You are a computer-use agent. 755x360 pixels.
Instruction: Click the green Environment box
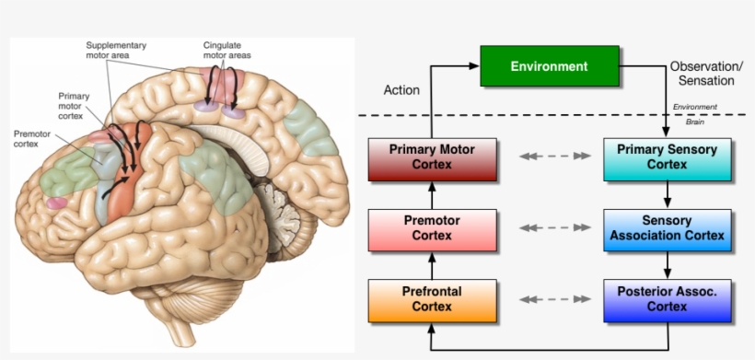[549, 67]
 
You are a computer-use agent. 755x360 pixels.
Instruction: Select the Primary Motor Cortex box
[431, 158]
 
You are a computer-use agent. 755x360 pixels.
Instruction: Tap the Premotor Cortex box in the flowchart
[431, 229]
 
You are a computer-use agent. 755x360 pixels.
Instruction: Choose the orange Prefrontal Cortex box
[431, 300]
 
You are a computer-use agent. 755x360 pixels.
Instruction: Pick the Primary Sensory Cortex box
[667, 158]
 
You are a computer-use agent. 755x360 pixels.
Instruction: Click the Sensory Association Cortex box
[667, 229]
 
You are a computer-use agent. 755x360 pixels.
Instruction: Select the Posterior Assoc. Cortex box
[667, 300]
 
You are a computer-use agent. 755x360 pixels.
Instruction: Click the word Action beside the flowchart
[401, 90]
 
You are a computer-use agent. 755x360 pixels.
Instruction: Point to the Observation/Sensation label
[706, 75]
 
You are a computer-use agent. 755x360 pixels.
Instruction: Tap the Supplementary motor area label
[115, 50]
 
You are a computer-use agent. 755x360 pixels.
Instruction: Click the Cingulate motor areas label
[226, 50]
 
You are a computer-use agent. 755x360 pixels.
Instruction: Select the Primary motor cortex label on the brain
[71, 106]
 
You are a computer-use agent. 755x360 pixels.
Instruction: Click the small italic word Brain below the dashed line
[694, 122]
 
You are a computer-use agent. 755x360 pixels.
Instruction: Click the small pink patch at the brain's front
[58, 203]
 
